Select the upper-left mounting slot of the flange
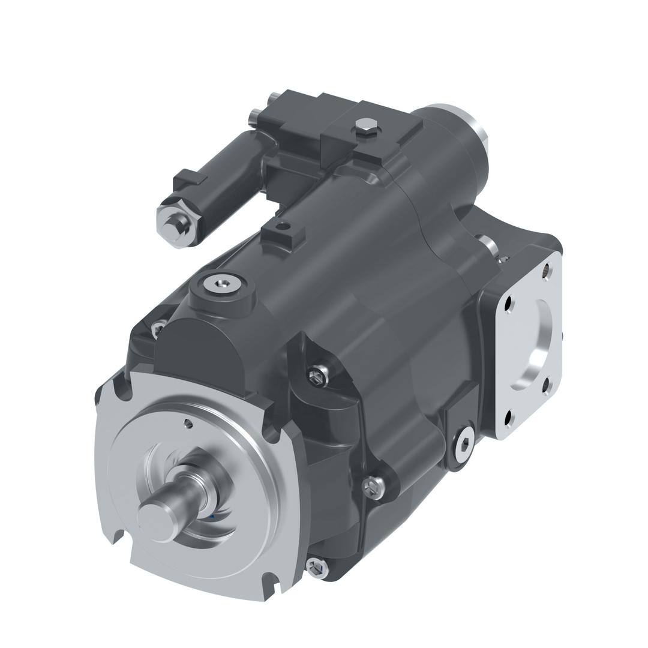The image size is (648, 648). pos(124,387)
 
